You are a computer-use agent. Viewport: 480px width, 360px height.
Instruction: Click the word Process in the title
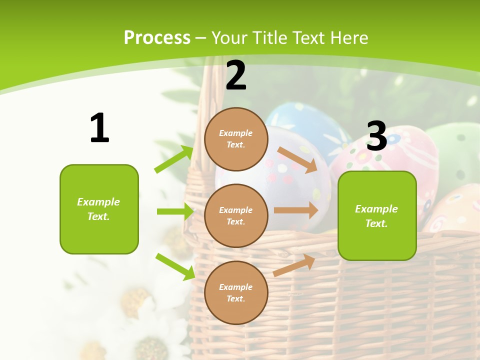pos(157,38)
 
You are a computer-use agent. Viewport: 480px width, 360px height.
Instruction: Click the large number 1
pos(99,128)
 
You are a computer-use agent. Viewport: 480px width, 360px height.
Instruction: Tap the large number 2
pos(236,75)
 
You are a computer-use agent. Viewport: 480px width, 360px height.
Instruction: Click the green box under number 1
pos(99,209)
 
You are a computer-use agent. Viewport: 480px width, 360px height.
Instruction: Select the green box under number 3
pos(377,216)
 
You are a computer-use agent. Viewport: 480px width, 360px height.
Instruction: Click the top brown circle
pos(236,139)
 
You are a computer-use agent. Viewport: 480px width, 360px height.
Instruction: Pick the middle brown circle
pos(236,215)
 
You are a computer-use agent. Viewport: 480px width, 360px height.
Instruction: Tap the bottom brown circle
pos(236,292)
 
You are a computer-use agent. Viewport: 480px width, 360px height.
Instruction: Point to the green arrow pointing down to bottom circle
pos(175,266)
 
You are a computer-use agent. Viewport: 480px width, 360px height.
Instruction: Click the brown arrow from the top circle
pos(297,160)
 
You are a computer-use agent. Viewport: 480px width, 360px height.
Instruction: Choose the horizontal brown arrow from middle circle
pos(296,210)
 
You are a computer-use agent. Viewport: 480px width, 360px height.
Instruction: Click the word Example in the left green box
pos(98,202)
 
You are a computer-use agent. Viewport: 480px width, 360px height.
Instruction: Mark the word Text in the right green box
pos(376,223)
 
